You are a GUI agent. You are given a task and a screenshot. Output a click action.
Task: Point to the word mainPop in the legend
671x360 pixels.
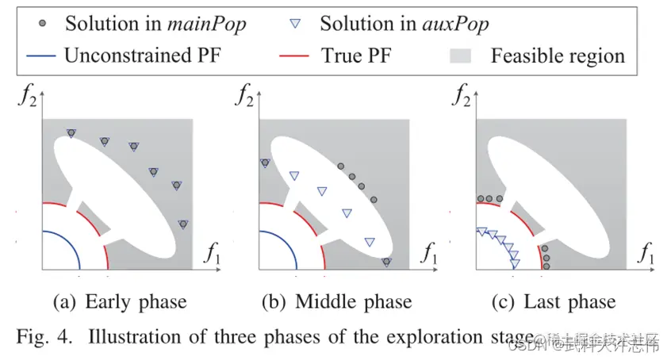(209, 23)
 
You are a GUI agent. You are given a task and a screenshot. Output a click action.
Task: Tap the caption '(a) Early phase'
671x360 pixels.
(119, 301)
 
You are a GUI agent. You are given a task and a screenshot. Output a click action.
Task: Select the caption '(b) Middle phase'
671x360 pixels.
(336, 301)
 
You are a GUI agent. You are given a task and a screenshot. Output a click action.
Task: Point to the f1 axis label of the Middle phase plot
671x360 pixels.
(429, 255)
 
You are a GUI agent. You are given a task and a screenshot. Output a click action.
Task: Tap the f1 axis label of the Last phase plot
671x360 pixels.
(646, 255)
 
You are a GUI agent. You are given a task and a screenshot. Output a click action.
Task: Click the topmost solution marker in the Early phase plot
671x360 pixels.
(71, 133)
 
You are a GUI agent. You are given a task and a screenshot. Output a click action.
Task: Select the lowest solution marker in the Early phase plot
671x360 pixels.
(183, 224)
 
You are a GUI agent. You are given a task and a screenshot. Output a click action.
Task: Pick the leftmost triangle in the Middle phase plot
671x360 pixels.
(265, 163)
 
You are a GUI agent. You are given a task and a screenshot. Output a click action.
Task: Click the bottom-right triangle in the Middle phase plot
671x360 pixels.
(386, 262)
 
